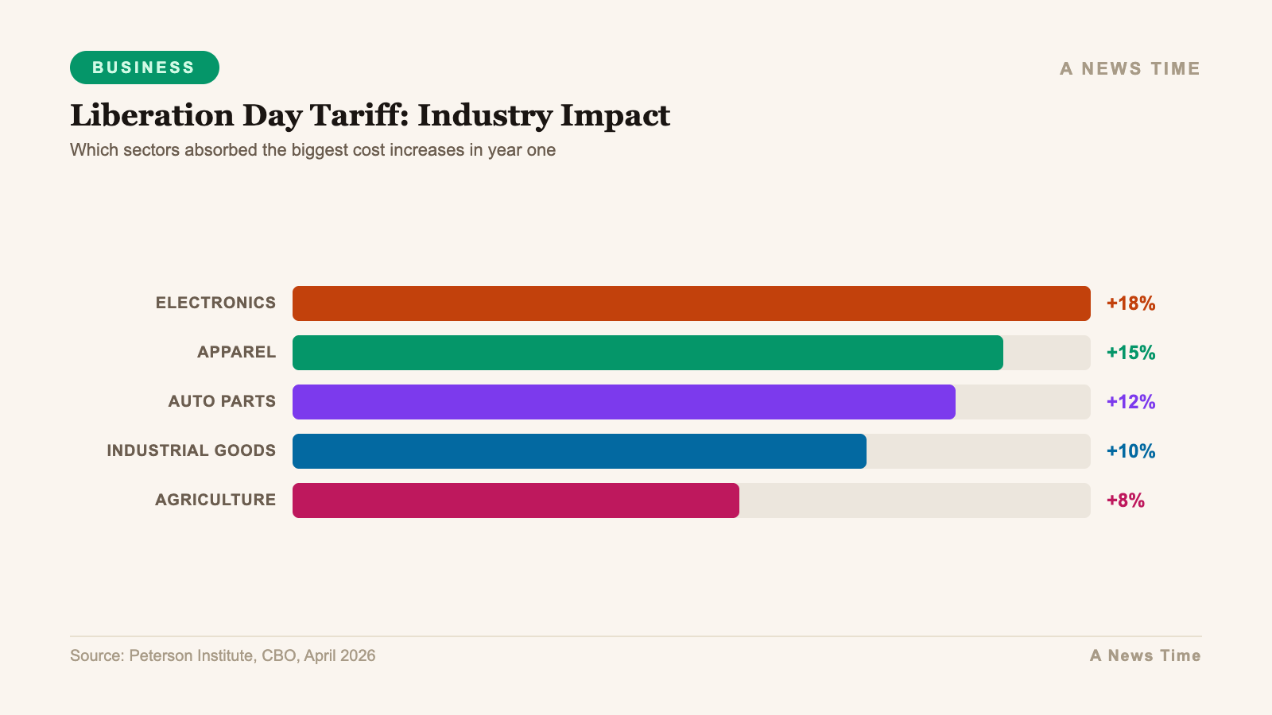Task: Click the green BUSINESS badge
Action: click(x=144, y=68)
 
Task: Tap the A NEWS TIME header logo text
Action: click(x=1129, y=68)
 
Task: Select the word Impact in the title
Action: click(x=615, y=116)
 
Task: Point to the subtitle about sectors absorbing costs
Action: click(x=312, y=150)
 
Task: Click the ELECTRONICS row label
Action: click(x=215, y=303)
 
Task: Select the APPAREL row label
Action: click(x=236, y=352)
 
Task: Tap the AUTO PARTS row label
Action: click(x=222, y=401)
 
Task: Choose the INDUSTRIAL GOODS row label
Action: click(x=191, y=450)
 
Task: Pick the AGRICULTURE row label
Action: click(x=215, y=500)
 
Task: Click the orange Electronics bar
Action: click(x=691, y=303)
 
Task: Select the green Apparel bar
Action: click(x=647, y=353)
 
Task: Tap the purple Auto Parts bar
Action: click(x=623, y=402)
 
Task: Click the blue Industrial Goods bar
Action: click(x=579, y=451)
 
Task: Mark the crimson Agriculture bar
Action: click(x=515, y=500)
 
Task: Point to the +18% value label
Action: click(x=1130, y=303)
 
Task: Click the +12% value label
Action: click(x=1130, y=402)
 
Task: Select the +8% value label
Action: click(x=1125, y=500)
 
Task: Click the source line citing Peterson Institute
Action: click(x=223, y=655)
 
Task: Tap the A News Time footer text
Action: click(x=1145, y=655)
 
